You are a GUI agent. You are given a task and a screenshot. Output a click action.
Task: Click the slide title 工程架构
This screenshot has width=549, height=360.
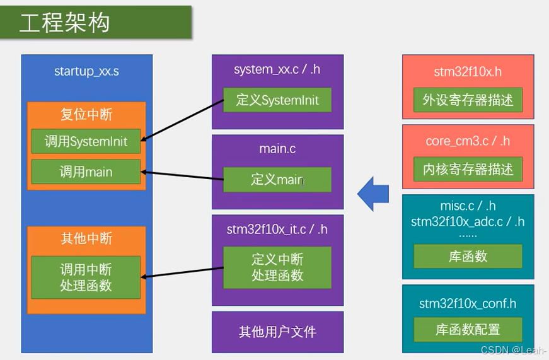point(65,23)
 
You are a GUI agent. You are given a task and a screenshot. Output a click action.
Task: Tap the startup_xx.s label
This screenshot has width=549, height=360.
point(86,71)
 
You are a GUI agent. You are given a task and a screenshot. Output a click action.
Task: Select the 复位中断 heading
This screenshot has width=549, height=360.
point(86,115)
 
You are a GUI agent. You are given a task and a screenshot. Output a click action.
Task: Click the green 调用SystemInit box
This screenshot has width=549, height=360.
point(86,142)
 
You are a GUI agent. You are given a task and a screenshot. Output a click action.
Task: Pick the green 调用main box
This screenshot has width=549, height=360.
point(86,171)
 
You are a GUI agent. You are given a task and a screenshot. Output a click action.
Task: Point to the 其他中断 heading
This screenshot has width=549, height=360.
point(86,238)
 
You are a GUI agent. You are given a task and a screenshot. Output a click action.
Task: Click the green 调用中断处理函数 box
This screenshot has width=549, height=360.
point(86,277)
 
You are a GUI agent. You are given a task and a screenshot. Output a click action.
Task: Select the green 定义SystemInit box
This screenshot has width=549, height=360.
point(277,100)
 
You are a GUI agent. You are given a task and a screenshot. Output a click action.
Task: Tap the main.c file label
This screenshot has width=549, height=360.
point(277,149)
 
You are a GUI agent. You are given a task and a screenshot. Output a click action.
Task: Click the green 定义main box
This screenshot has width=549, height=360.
point(277,180)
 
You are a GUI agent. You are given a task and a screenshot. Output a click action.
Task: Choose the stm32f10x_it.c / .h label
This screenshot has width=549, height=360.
point(277,229)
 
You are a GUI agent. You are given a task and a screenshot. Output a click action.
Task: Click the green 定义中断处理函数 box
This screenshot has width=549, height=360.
point(277,267)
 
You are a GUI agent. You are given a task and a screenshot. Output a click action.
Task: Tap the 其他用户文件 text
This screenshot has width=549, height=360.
point(277,332)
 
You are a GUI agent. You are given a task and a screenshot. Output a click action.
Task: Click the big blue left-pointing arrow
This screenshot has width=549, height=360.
point(373,193)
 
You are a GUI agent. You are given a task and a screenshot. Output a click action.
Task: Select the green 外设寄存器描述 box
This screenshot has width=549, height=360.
point(468,100)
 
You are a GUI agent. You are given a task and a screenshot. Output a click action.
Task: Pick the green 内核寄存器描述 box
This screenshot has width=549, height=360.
point(468,169)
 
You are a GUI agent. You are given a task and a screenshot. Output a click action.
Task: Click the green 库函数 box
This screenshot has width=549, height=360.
point(468,257)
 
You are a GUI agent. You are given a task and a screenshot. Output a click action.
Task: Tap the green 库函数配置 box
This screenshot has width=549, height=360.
point(468,329)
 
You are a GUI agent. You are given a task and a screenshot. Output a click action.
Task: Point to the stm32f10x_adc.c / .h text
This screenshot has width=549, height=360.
point(468,221)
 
